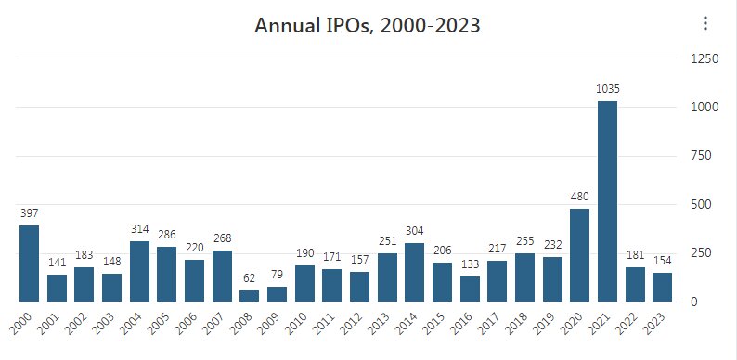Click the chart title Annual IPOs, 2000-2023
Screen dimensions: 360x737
[x=368, y=25]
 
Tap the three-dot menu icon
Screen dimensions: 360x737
[x=705, y=24]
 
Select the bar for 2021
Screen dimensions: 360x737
[x=607, y=201]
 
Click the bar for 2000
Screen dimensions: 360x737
[x=30, y=264]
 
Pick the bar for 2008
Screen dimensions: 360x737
[x=250, y=296]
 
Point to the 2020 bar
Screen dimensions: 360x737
[x=580, y=255]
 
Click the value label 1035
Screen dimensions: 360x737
[x=607, y=89]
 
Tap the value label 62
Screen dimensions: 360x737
[x=250, y=278]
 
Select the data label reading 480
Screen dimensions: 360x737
[x=580, y=197]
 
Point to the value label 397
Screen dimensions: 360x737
[x=30, y=213]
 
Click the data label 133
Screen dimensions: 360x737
[x=470, y=264]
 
